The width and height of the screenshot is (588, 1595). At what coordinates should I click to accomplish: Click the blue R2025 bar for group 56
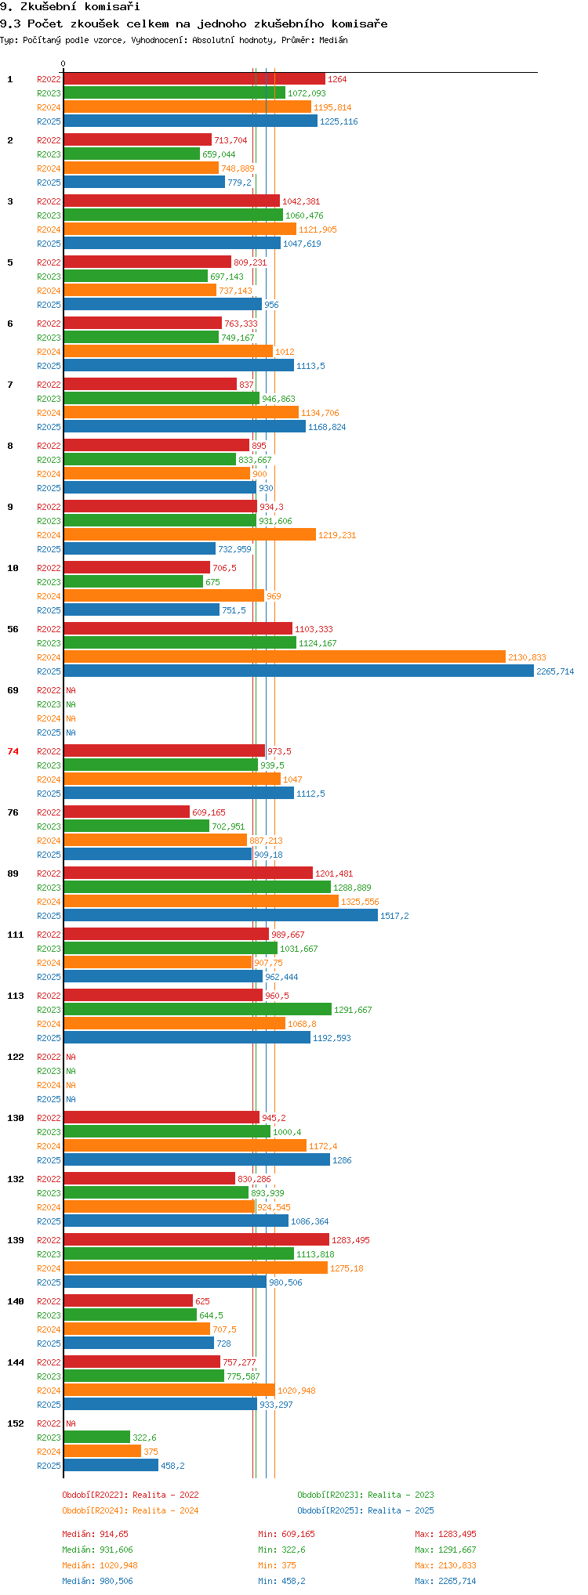click(x=299, y=671)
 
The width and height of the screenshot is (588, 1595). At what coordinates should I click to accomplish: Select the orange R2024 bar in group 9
click(x=190, y=535)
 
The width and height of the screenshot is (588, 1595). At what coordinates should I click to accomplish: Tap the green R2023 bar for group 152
click(x=96, y=1438)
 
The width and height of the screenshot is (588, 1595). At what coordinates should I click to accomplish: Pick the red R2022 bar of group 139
click(x=196, y=1240)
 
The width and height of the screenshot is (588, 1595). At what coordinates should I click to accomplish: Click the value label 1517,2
click(x=394, y=916)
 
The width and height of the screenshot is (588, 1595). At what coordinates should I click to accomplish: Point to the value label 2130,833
click(x=527, y=657)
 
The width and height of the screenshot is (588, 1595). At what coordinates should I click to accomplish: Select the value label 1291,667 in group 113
click(x=353, y=1010)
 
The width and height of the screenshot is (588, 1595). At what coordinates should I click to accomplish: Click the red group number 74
click(x=13, y=751)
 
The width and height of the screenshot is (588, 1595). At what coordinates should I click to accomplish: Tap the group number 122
click(x=16, y=1057)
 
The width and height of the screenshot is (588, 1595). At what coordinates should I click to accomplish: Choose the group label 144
click(x=16, y=1362)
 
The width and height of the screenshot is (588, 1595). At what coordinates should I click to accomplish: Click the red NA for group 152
click(x=71, y=1423)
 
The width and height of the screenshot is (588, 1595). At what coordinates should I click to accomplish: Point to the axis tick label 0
click(x=64, y=64)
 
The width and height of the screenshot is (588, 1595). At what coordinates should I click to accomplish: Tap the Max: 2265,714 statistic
click(x=445, y=1581)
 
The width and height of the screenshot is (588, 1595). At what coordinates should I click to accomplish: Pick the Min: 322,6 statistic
click(x=281, y=1550)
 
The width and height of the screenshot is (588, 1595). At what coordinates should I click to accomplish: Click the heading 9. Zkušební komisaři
click(x=70, y=6)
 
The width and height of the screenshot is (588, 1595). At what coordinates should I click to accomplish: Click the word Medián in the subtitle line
click(x=333, y=40)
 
